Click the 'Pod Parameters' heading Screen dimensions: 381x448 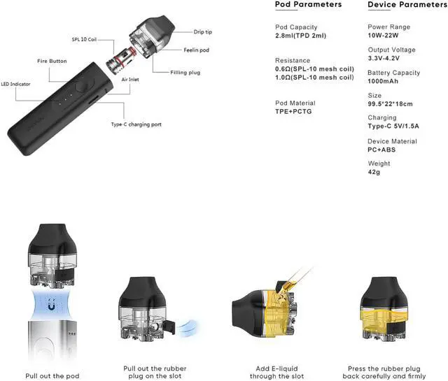(308, 5)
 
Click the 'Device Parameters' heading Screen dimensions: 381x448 (407, 5)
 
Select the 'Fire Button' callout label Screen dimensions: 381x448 (52, 62)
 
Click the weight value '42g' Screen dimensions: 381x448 (375, 173)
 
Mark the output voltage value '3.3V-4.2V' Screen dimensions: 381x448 (388, 59)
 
